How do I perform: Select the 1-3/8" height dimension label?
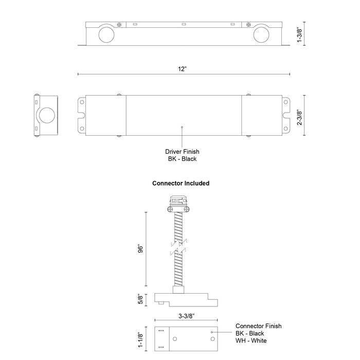click(x=299, y=34)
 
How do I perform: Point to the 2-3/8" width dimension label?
click(x=299, y=116)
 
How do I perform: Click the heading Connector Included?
click(x=181, y=183)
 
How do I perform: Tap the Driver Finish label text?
click(x=182, y=152)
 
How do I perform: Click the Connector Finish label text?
click(x=259, y=326)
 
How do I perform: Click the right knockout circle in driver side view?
click(x=260, y=34)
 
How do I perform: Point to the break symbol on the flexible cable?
click(x=177, y=248)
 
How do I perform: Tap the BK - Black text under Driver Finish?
click(x=182, y=159)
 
